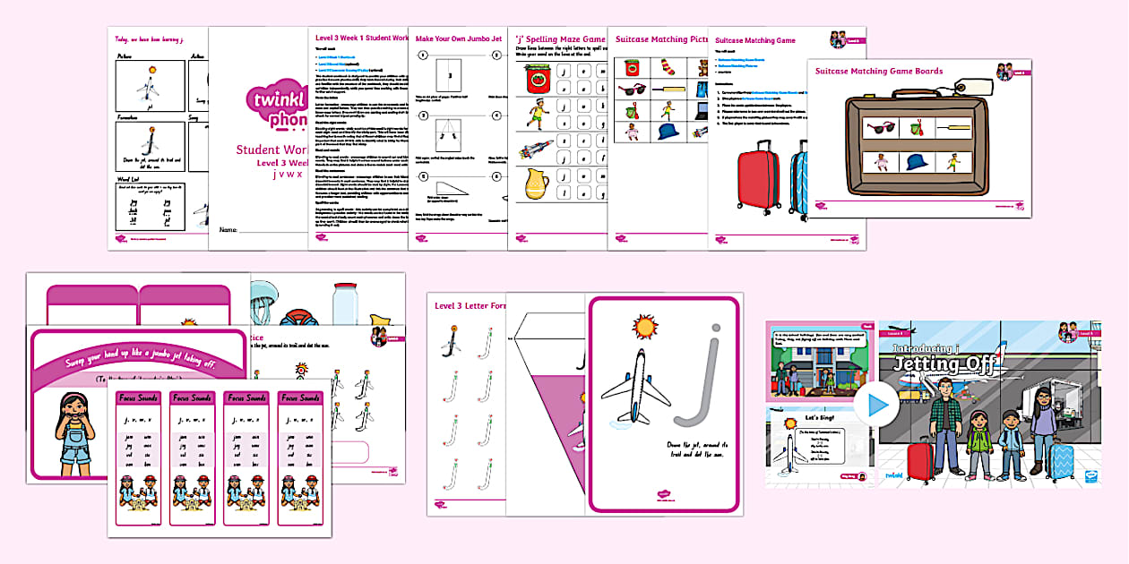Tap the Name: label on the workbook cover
[x=228, y=230]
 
